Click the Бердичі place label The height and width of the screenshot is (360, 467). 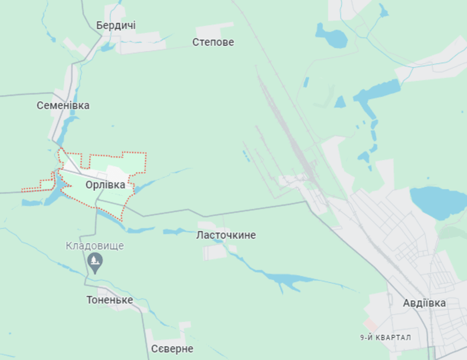(x=116, y=25)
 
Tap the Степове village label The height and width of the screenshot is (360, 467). (x=213, y=42)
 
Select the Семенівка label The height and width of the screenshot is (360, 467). (x=63, y=106)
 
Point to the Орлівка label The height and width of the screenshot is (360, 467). (x=105, y=185)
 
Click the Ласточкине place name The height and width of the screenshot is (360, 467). (x=226, y=235)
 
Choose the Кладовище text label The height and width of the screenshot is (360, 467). (x=95, y=246)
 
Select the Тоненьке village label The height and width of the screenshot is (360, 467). (x=110, y=300)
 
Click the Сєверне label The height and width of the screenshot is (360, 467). (x=172, y=349)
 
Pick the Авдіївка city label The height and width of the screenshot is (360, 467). (x=424, y=303)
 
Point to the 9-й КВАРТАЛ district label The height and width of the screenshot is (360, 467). (x=386, y=338)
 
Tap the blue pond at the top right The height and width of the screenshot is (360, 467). (x=331, y=36)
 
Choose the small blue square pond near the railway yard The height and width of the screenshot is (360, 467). (x=340, y=102)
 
